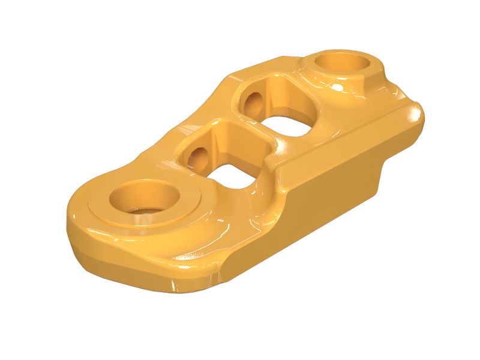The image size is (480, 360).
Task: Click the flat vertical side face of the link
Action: (x=336, y=180)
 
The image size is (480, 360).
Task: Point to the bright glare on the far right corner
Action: (x=414, y=114)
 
